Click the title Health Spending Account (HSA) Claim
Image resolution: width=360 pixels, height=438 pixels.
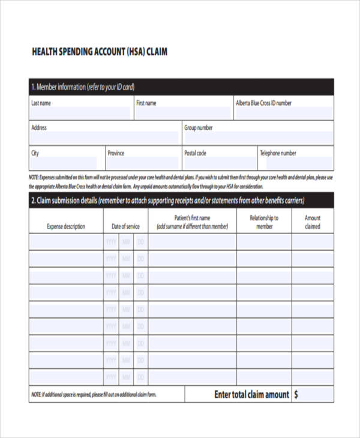pos(99,52)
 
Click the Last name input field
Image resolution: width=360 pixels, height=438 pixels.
pos(80,113)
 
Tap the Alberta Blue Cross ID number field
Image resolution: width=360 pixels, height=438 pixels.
pos(284,113)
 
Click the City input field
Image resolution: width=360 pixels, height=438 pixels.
pos(64,163)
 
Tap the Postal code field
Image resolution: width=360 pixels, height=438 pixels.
pos(218,163)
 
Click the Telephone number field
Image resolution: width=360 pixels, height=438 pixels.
pos(295,163)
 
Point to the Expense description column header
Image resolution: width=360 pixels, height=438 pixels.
pos(66,227)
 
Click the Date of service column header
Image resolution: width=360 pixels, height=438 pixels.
pos(125,227)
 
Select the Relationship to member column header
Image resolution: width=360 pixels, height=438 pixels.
pos(264,222)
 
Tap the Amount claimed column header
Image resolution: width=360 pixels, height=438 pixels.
pos(313,222)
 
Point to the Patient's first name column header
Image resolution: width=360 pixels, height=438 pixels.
pos(192,222)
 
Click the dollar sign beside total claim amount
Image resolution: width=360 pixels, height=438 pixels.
pos(296,395)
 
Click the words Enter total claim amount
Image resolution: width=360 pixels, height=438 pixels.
pos(251,395)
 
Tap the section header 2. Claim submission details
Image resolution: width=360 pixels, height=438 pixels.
pos(167,200)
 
